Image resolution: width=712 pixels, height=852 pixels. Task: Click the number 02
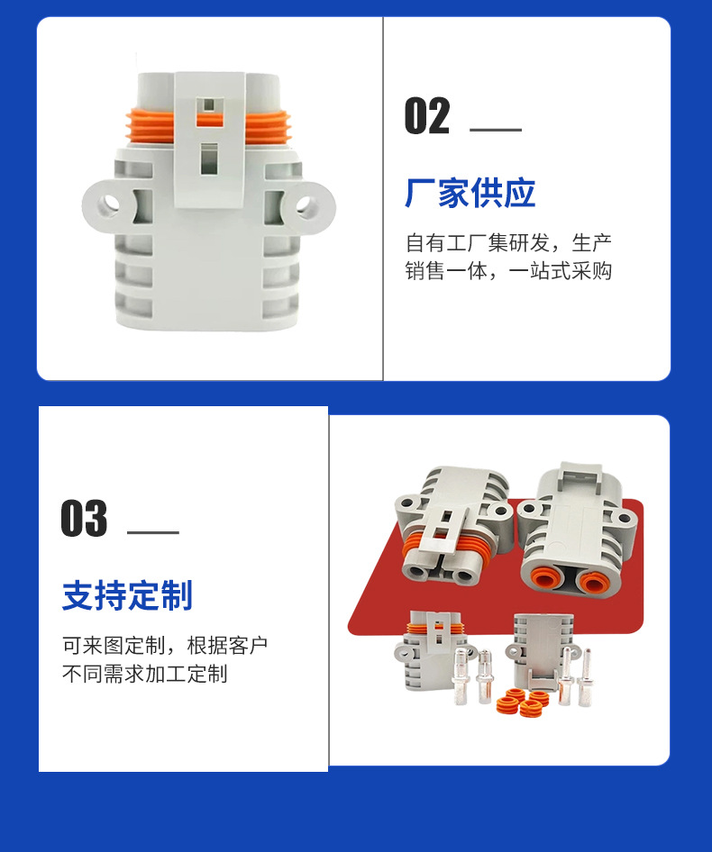(x=427, y=116)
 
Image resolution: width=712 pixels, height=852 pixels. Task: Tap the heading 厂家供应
(x=470, y=193)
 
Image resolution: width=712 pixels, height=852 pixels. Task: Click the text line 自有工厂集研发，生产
(x=509, y=243)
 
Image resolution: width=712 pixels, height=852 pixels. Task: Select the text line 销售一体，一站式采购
(x=509, y=270)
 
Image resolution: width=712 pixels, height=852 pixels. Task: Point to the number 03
(x=85, y=518)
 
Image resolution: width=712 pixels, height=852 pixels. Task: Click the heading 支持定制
(x=127, y=595)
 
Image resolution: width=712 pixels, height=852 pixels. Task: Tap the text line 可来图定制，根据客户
(x=165, y=646)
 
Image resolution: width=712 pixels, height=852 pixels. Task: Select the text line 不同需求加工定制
(x=145, y=674)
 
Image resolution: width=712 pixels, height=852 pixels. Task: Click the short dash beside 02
(x=496, y=130)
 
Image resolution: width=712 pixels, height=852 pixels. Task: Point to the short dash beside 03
(x=153, y=532)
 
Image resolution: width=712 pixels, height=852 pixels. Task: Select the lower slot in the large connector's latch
(x=209, y=159)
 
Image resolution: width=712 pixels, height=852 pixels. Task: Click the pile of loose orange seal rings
(x=522, y=702)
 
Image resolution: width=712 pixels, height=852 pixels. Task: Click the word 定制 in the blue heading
(x=160, y=595)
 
